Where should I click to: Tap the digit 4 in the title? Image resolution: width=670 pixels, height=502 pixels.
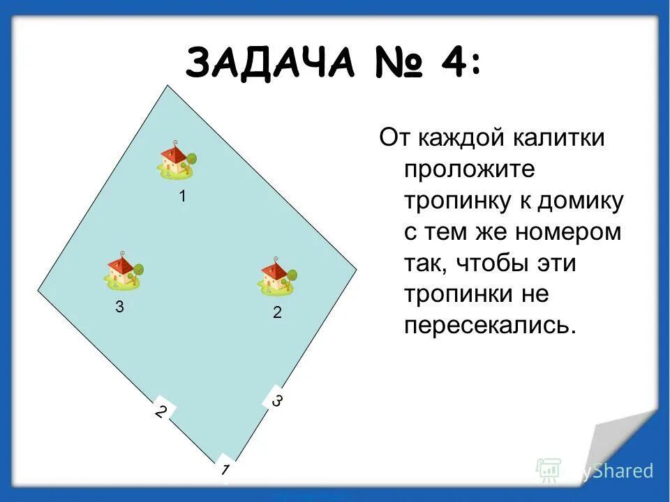[456, 65]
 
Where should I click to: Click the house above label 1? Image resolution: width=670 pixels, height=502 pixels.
[177, 160]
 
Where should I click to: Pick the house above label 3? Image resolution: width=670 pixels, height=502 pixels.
[124, 270]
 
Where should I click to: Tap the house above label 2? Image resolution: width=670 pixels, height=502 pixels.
[277, 273]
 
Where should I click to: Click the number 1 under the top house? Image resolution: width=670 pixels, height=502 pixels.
[182, 197]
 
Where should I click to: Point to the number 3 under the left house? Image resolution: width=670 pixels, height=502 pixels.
[119, 307]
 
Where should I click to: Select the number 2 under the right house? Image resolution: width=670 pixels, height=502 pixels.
[277, 314]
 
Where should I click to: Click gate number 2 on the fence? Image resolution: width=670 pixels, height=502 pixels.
[161, 411]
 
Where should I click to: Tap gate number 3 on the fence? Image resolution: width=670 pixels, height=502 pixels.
[276, 401]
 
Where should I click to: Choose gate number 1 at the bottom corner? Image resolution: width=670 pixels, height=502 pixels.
[224, 469]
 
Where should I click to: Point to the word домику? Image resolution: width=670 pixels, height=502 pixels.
[580, 201]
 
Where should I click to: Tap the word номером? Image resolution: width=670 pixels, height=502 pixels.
[565, 231]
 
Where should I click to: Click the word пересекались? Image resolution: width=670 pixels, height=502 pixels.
[491, 326]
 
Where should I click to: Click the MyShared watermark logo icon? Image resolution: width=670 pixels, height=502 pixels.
[548, 471]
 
